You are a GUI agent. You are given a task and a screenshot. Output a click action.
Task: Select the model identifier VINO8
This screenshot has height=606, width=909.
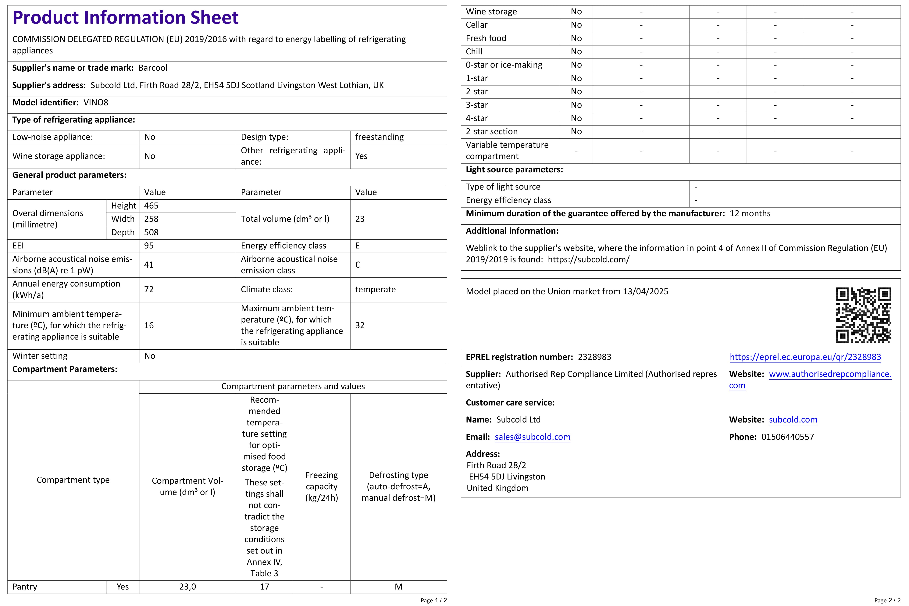pyautogui.click(x=96, y=102)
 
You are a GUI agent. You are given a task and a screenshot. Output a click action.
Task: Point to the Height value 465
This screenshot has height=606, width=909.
pyautogui.click(x=151, y=206)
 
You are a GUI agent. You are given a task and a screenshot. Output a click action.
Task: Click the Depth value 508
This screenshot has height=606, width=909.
pyautogui.click(x=151, y=232)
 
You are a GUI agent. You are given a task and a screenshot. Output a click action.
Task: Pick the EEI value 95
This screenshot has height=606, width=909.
pyautogui.click(x=149, y=246)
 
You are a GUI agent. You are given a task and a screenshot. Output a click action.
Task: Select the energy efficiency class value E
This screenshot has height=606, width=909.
pyautogui.click(x=358, y=246)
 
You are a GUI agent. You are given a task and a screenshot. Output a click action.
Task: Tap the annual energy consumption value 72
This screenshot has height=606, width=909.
pyautogui.click(x=149, y=290)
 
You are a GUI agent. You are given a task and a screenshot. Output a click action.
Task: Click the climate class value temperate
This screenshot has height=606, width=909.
pyautogui.click(x=375, y=290)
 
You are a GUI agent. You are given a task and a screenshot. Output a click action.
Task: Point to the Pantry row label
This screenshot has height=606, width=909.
pyautogui.click(x=25, y=587)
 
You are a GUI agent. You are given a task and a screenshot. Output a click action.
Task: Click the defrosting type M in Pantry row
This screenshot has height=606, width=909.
pyautogui.click(x=398, y=587)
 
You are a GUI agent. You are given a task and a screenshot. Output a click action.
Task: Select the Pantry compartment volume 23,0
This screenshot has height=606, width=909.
pyautogui.click(x=187, y=587)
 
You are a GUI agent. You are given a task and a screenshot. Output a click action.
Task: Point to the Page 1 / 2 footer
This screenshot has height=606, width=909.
pyautogui.click(x=434, y=600)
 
